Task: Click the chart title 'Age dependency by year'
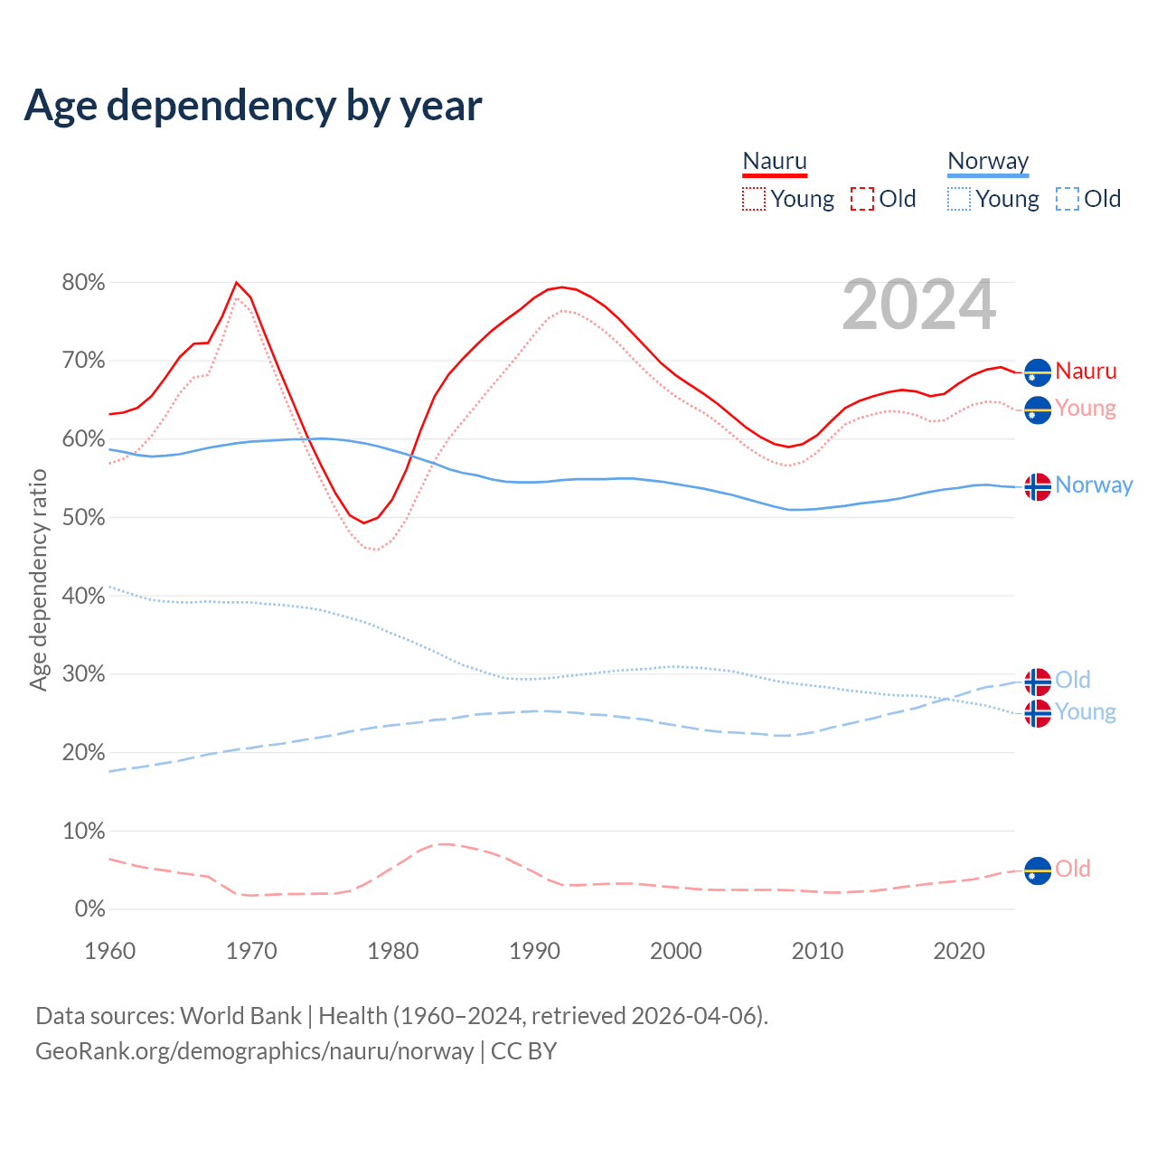point(253,106)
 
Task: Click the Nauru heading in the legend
point(775,162)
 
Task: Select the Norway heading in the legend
point(988,162)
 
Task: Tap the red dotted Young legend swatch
point(754,199)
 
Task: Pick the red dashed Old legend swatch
point(862,199)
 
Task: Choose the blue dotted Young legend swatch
point(959,199)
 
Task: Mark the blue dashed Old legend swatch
point(1068,199)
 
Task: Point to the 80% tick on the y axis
point(83,283)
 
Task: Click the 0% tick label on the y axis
point(89,909)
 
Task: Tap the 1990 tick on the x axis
point(535,951)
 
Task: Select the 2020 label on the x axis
point(959,951)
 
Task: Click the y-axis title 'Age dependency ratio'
point(38,579)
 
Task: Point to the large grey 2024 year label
point(919,306)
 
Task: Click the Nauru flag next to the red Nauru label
point(1038,372)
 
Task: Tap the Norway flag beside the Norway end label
point(1038,486)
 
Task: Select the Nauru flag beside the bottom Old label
point(1038,870)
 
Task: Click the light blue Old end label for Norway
point(1073,680)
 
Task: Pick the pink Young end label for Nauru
point(1086,409)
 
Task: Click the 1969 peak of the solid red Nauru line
point(237,283)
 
